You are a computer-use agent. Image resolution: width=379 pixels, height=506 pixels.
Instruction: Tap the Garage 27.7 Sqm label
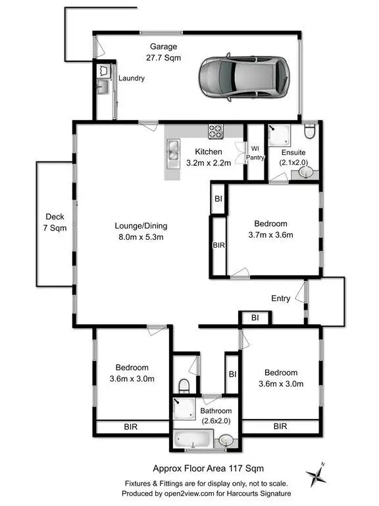[x=164, y=52]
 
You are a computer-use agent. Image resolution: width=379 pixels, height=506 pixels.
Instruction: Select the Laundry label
[x=131, y=78]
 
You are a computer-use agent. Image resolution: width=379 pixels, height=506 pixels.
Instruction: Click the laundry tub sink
[x=104, y=86]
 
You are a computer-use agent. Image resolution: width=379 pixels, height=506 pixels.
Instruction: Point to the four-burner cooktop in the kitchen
[x=216, y=131]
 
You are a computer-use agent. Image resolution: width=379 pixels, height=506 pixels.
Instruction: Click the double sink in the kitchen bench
[x=174, y=152]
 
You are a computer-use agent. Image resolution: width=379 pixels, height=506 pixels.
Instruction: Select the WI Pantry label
[x=255, y=153]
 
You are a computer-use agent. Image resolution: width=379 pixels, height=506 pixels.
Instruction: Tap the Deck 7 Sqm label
[x=54, y=222]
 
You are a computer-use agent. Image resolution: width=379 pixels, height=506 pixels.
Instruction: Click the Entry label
[x=280, y=298]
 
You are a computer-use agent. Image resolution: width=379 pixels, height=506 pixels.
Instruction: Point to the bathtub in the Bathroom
[x=192, y=438]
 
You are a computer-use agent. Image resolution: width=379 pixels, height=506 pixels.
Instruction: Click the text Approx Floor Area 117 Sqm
[x=199, y=468]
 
